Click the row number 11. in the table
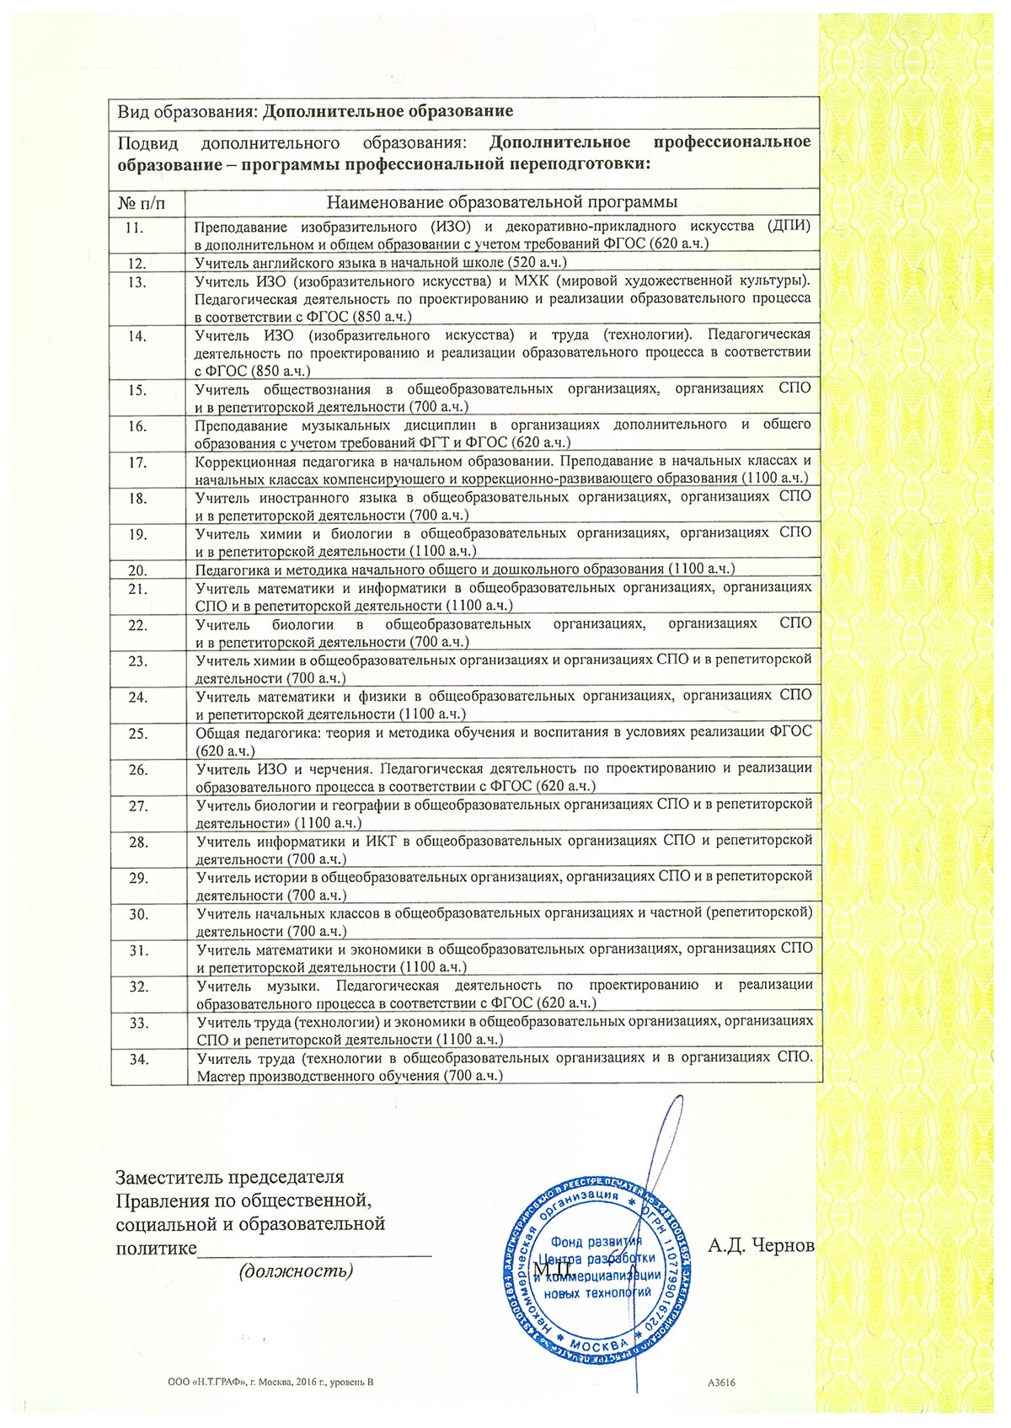click(x=134, y=227)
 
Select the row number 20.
click(x=138, y=570)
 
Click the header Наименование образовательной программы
click(x=502, y=202)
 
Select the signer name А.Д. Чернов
click(x=761, y=1244)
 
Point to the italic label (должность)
click(x=296, y=1270)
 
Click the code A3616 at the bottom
click(x=722, y=1382)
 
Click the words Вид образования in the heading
click(x=184, y=111)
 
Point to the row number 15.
click(x=138, y=390)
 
